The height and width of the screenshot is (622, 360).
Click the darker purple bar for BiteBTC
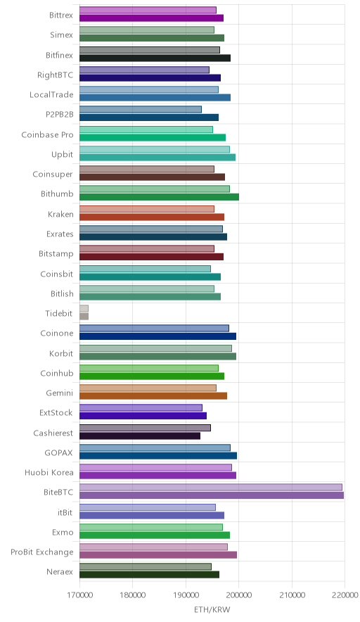[x=212, y=495]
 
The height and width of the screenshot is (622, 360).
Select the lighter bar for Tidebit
[x=84, y=308]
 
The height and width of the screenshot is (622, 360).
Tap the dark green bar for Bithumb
[x=159, y=197]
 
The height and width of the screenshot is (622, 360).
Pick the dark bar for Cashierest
[x=140, y=436]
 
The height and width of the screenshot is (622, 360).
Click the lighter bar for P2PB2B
[x=141, y=110]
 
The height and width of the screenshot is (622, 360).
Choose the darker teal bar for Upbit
[x=157, y=157]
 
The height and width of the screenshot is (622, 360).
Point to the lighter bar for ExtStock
[x=141, y=408]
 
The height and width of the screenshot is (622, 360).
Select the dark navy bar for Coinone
[x=157, y=336]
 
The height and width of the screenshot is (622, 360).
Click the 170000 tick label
[x=79, y=595]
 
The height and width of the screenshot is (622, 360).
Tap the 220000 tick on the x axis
[x=345, y=595]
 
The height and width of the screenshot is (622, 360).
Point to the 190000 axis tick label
[x=186, y=595]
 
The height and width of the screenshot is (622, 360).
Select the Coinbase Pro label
[x=48, y=134]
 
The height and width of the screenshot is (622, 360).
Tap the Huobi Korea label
[x=49, y=472]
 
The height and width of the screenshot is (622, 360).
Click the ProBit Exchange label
[x=42, y=552]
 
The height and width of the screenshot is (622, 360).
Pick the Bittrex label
[x=61, y=15]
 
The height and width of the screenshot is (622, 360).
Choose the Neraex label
[x=60, y=571]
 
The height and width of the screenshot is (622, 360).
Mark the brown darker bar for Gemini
[x=153, y=395]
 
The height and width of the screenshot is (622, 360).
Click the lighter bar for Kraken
[x=147, y=209]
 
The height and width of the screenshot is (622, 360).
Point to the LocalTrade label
[x=51, y=94]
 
